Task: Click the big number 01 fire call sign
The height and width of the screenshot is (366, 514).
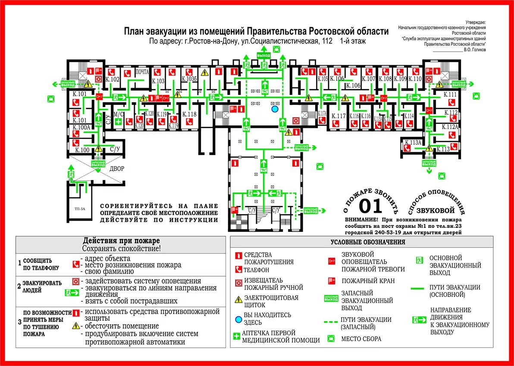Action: point(371,207)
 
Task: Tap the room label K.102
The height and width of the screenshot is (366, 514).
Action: point(113,79)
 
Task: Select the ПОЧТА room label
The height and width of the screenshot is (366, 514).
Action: point(142,72)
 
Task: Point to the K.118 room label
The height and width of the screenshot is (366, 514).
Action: point(189,114)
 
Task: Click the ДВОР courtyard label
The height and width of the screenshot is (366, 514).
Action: point(116,169)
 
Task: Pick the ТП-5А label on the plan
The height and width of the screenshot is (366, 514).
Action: point(80,209)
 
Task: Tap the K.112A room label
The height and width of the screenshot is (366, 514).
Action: point(451,127)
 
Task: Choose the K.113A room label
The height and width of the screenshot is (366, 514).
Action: point(413,143)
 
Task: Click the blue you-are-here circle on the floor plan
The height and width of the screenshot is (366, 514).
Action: point(274,109)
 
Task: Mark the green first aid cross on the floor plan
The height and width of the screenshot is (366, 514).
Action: point(118,122)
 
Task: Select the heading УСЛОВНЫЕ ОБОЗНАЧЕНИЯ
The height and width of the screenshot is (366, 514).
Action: point(368,243)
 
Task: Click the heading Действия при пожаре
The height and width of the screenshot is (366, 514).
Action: point(121,240)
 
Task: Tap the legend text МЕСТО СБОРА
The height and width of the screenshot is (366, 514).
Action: point(361,339)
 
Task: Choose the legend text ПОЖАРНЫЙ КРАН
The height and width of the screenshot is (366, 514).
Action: point(367,281)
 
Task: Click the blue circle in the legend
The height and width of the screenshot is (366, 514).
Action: point(238,319)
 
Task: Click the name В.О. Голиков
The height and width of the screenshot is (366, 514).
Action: point(475,50)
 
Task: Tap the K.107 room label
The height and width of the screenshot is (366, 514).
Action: point(368,79)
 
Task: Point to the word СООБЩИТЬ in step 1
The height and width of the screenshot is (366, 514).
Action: point(38,261)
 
